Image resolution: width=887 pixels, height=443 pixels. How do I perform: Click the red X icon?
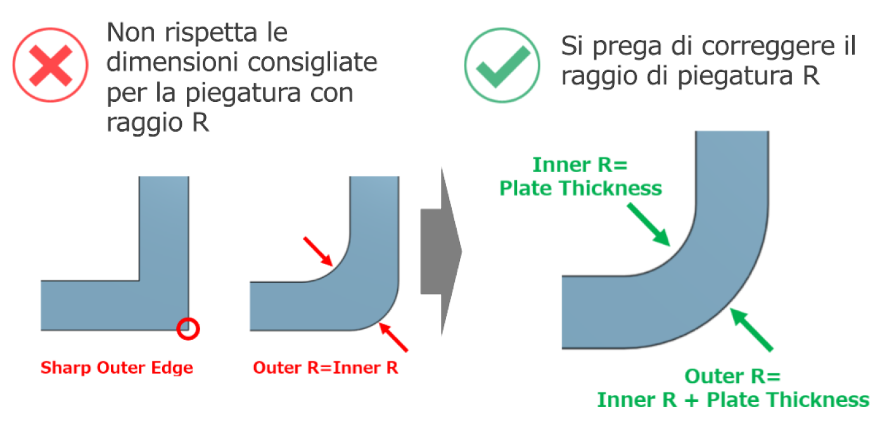(51, 65)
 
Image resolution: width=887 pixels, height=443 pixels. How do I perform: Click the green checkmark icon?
(502, 65)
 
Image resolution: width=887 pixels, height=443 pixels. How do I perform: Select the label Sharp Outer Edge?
(117, 368)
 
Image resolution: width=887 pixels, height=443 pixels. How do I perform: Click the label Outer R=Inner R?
(326, 368)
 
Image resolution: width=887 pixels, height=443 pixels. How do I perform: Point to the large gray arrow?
(441, 252)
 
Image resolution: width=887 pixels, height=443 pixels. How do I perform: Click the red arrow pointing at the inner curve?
(318, 252)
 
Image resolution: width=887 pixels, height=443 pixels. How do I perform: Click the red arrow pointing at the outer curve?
(393, 337)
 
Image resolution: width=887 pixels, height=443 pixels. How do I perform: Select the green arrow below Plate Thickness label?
(649, 225)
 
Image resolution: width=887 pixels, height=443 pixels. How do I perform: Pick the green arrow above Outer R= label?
(751, 330)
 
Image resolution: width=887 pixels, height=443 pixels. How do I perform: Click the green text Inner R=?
(580, 165)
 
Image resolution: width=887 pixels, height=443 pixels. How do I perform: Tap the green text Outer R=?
(732, 376)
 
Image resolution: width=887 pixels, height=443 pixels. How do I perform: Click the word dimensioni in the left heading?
(173, 62)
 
